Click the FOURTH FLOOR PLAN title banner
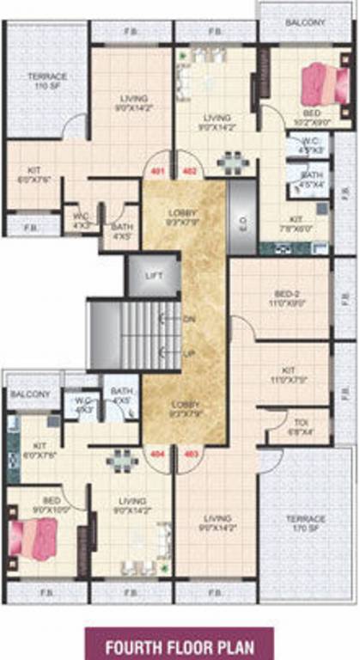point(180,643)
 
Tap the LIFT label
point(155,275)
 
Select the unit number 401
point(156,171)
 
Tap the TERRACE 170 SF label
point(306,524)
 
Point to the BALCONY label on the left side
point(30,394)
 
